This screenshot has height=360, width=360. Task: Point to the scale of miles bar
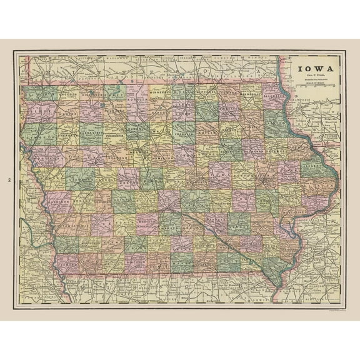click(x=314, y=86)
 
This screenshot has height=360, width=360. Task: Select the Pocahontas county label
click(x=116, y=134)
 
